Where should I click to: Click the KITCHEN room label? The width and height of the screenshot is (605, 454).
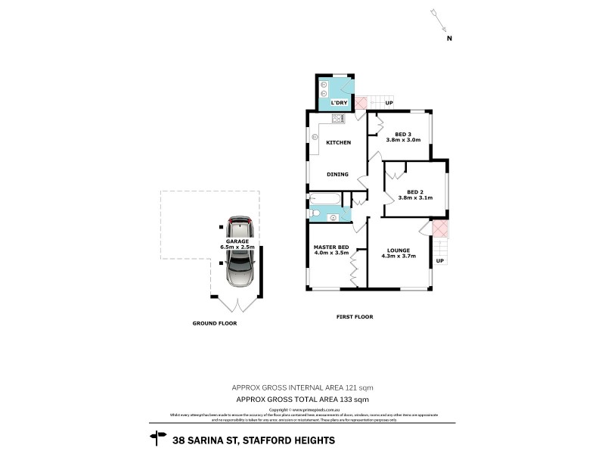tap(337, 142)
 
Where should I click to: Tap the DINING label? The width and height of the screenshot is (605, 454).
tap(337, 174)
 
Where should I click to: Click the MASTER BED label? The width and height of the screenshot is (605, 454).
tap(331, 247)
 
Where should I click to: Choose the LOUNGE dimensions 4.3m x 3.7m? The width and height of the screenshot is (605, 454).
tap(398, 256)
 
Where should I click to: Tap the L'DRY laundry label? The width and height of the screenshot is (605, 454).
tap(339, 102)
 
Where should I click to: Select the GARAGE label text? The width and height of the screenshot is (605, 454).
tap(236, 241)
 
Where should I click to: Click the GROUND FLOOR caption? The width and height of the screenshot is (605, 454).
tap(215, 323)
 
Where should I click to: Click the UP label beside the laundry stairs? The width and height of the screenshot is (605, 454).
tap(389, 103)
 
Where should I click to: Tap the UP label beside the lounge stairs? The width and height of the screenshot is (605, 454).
tap(439, 261)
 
